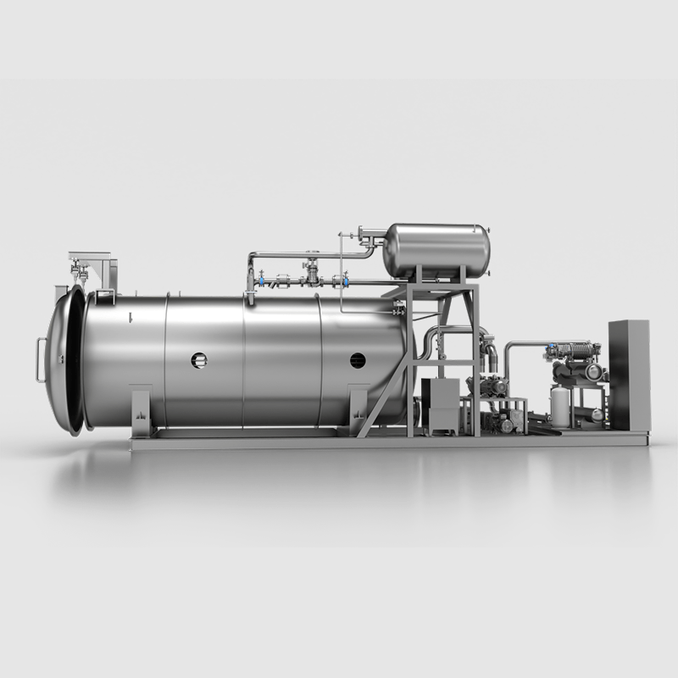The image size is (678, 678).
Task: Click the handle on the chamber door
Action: click(39, 360)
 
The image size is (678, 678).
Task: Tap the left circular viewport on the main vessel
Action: click(199, 360)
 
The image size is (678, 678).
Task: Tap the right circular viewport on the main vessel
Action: click(358, 360)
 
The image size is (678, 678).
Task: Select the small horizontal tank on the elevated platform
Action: click(436, 250)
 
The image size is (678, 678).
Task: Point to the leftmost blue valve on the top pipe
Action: click(262, 281)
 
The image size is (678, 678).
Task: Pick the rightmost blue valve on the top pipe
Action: click(342, 281)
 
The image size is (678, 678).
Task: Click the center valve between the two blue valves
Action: click(312, 273)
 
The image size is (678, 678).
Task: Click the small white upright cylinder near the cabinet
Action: click(560, 406)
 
